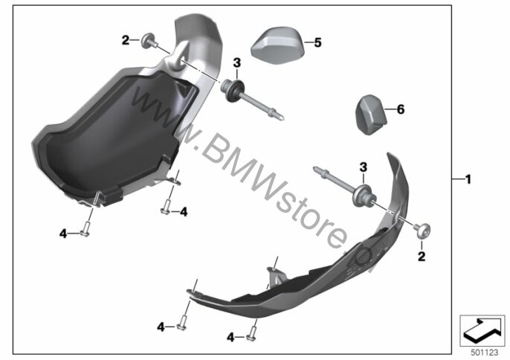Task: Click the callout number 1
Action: click(468, 179)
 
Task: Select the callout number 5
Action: click(317, 42)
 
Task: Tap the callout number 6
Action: click(401, 109)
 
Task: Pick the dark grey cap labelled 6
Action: click(370, 115)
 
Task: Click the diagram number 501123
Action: click(485, 353)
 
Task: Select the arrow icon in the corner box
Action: click(482, 331)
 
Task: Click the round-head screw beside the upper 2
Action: click(149, 41)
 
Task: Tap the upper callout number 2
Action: click(126, 41)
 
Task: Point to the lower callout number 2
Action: click(422, 257)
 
